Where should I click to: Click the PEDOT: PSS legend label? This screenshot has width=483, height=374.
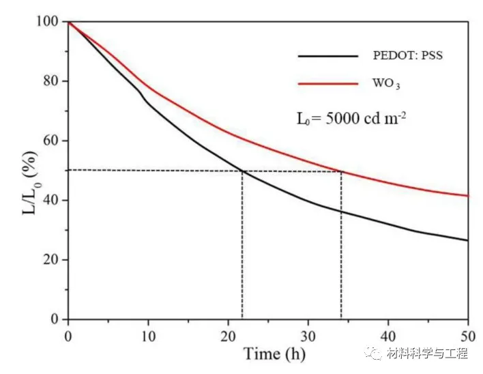pos(407,56)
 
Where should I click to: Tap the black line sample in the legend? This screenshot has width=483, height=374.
pos(327,55)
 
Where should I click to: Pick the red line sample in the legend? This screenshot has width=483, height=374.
pos(327,84)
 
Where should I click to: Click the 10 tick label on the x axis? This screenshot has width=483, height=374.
pos(148,334)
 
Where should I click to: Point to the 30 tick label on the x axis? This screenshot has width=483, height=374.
pos(308,334)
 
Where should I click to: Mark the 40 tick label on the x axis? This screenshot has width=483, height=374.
pos(388,334)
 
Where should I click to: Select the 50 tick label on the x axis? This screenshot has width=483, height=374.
pos(468,334)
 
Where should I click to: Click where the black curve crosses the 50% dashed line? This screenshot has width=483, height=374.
pos(242,171)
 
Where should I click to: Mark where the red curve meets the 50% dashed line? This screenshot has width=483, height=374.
pos(340,171)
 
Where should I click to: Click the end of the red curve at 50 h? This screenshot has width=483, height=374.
pos(468,196)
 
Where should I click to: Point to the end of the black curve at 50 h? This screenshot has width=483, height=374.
pos(468,240)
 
